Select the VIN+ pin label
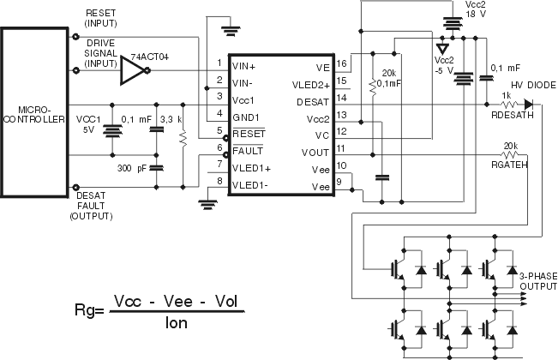244,64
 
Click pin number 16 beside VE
342,64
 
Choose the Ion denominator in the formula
177,325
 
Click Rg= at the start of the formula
92,309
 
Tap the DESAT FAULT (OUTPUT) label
90,207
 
